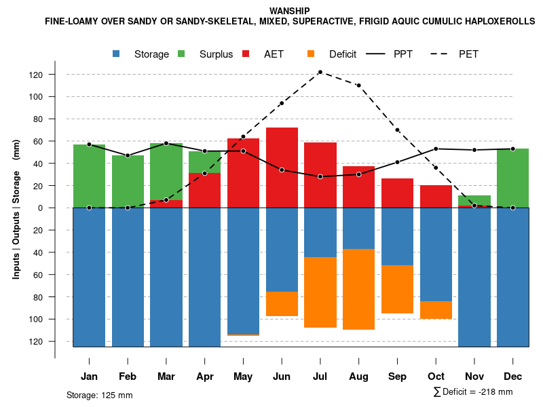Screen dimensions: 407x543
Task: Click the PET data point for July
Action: [320, 72]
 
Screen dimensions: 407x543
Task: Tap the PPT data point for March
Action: [166, 143]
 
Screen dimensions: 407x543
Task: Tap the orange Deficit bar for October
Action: [436, 310]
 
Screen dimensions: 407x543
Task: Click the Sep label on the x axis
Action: [397, 376]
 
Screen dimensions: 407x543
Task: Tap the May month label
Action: [243, 376]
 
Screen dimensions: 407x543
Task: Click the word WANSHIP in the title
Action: [290, 11]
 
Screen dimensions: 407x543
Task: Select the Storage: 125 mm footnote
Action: [100, 395]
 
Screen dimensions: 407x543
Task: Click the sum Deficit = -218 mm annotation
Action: [472, 392]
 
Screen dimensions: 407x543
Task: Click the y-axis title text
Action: [16, 208]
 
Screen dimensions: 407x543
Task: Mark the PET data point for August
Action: [358, 85]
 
